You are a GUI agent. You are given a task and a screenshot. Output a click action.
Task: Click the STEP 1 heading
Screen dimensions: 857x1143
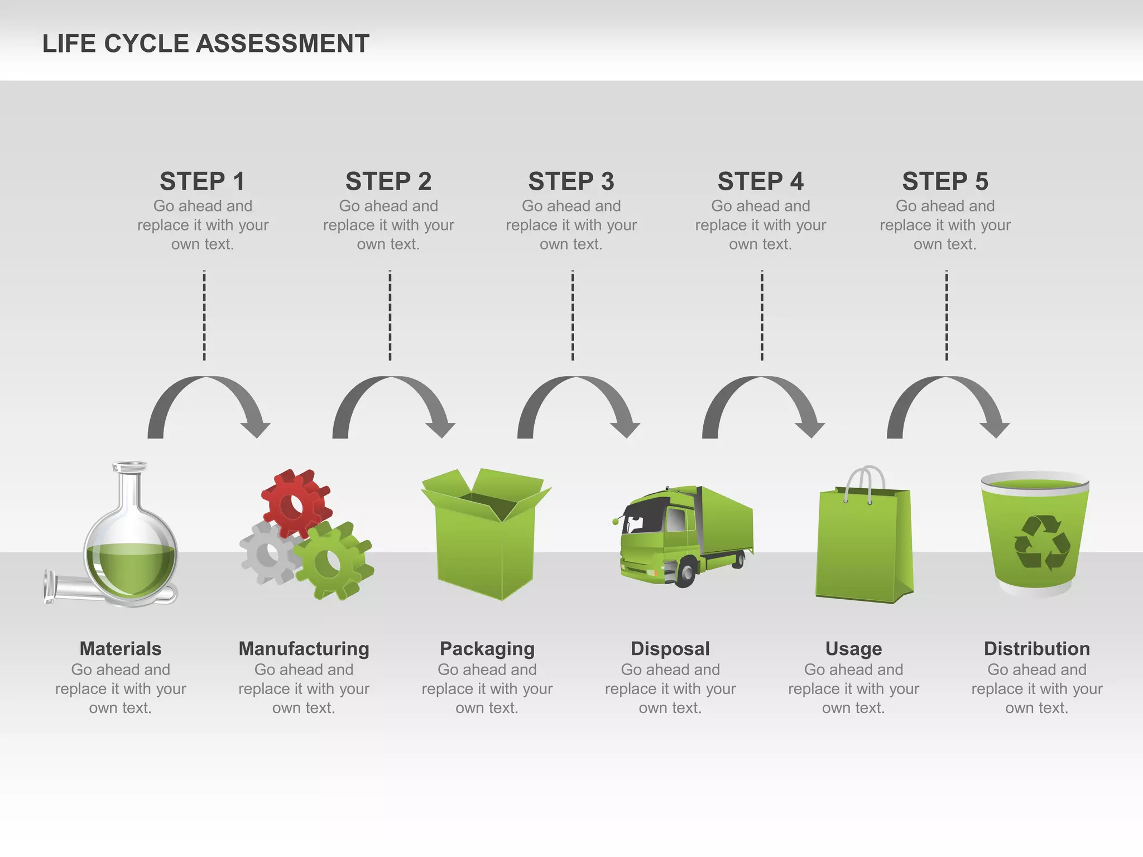202,181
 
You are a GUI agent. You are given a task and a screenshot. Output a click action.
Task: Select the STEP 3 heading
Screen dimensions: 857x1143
571,181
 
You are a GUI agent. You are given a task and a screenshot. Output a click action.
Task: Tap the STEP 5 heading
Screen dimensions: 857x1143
945,181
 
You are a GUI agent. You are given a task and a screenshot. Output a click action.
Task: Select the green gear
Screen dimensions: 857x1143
333,561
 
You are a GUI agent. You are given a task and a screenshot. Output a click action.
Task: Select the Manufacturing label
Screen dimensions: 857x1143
304,648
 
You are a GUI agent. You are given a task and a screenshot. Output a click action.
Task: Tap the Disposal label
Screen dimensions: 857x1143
670,648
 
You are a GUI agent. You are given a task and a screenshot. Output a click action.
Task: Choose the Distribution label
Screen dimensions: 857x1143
1036,648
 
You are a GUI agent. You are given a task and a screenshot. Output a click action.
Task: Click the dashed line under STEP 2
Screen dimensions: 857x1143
390,315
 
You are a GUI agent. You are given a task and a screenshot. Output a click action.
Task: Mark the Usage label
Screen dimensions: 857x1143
853,648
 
